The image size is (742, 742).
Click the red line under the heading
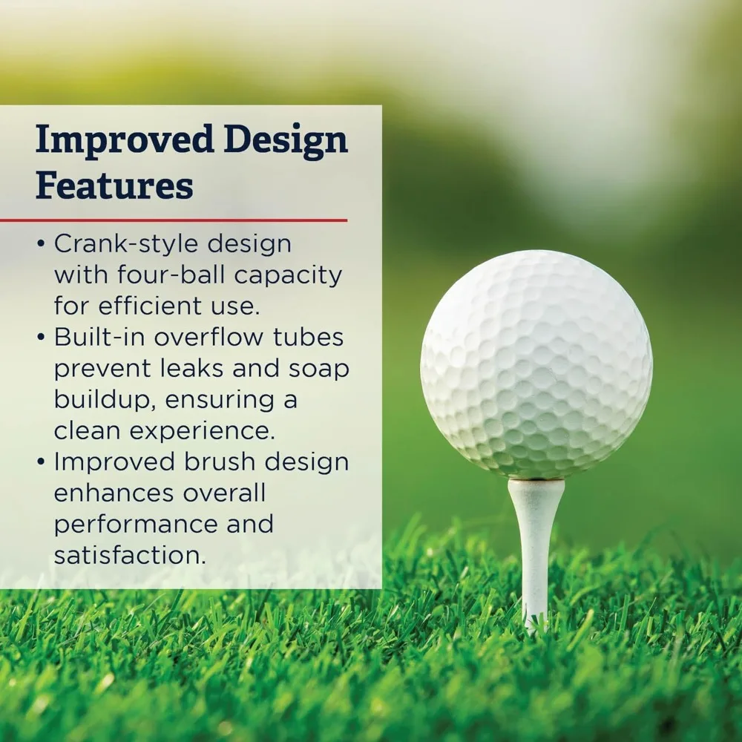coord(174,220)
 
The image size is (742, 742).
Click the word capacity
coord(289,276)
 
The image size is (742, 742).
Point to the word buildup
coord(103,400)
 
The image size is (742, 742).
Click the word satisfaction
coord(130,555)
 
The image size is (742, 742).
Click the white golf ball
coord(536,364)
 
